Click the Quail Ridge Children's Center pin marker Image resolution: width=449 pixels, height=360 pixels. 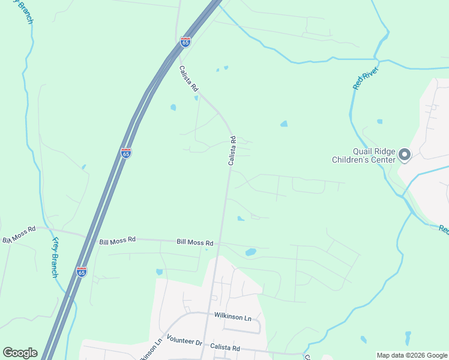(x=405, y=155)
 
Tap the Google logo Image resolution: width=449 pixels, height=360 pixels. (x=20, y=353)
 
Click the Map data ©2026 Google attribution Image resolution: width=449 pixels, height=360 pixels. (x=412, y=355)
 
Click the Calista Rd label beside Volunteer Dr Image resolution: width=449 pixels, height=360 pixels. (x=225, y=347)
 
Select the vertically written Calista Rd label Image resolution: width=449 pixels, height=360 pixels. (x=232, y=151)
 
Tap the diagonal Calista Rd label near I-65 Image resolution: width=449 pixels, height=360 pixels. (x=188, y=78)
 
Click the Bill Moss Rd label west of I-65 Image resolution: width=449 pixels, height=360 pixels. (x=19, y=234)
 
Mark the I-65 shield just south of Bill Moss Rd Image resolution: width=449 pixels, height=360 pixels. (x=82, y=272)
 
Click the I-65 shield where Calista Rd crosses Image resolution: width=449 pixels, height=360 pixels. (x=185, y=42)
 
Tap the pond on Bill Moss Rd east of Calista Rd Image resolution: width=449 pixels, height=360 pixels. (x=251, y=252)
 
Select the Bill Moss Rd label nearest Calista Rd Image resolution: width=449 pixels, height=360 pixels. (x=195, y=242)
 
